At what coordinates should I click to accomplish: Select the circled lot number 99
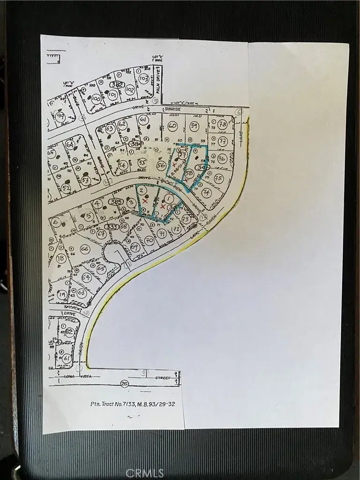(x=60, y=117)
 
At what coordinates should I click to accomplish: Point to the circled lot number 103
(x=144, y=78)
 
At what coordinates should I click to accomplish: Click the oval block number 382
(x=117, y=84)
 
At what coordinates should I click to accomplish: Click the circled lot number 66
(x=85, y=249)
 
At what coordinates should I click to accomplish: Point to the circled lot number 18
(x=60, y=258)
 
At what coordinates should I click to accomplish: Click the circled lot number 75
(x=218, y=179)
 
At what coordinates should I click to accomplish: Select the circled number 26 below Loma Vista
(x=124, y=383)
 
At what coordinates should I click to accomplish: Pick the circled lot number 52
(x=67, y=188)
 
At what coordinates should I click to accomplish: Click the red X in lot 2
(x=145, y=200)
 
